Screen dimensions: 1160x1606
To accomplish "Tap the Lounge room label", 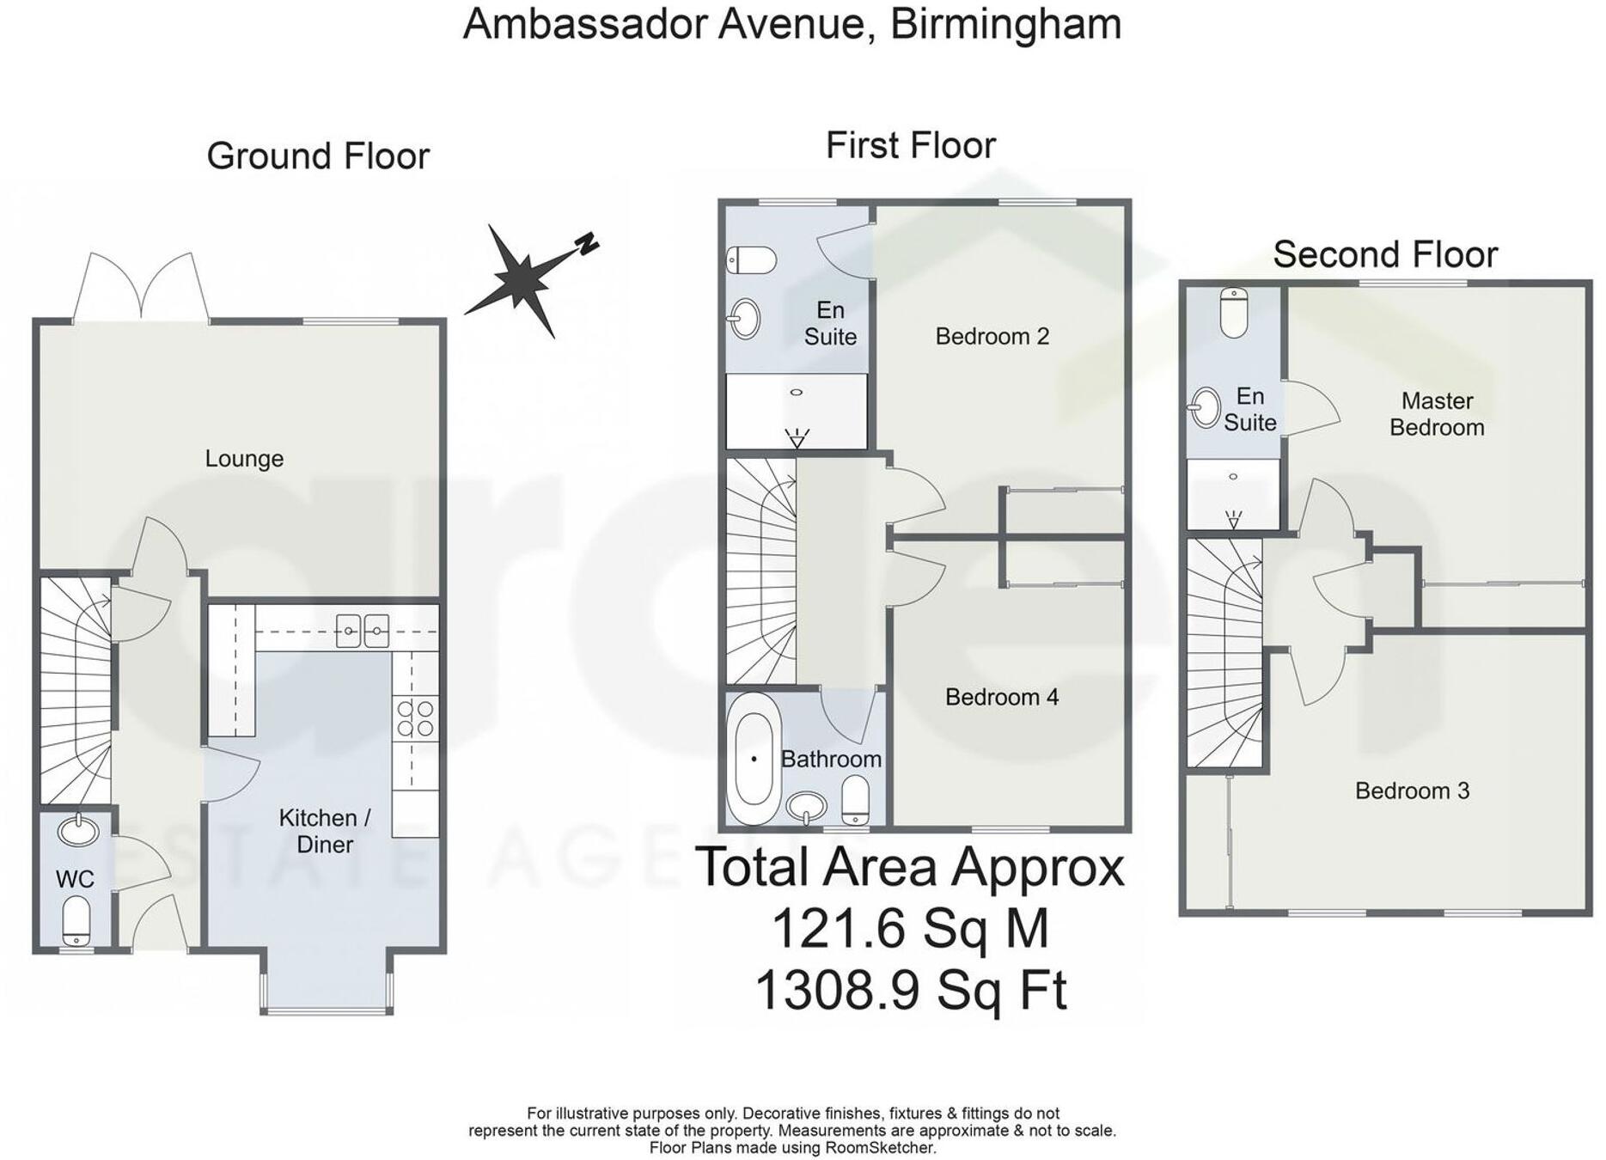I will (x=244, y=459).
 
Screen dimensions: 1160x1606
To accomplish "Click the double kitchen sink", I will (x=362, y=631).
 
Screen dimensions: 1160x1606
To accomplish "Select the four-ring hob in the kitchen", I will (x=416, y=718).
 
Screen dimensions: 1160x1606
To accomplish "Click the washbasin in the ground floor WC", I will (x=78, y=831).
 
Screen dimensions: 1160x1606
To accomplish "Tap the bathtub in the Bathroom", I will (x=754, y=760).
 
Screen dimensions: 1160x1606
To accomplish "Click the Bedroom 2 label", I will (x=992, y=336).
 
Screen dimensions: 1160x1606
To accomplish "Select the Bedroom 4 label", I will (x=1001, y=697).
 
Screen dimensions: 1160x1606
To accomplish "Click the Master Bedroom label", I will (x=1437, y=413).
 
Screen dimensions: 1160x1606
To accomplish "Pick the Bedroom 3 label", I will (x=1412, y=791).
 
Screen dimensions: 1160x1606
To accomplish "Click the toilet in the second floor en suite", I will (x=1233, y=312).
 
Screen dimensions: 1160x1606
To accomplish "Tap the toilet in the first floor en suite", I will (x=751, y=259).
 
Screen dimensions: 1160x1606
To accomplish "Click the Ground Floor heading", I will (x=318, y=156).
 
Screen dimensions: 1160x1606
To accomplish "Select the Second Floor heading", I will (x=1385, y=254).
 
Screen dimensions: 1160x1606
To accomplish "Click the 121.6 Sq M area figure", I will (x=910, y=928).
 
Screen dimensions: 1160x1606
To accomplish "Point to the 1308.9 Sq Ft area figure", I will (x=910, y=990).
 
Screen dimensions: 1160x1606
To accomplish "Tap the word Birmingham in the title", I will (x=1005, y=24).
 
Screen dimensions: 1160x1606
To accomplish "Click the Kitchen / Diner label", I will (x=325, y=831).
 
